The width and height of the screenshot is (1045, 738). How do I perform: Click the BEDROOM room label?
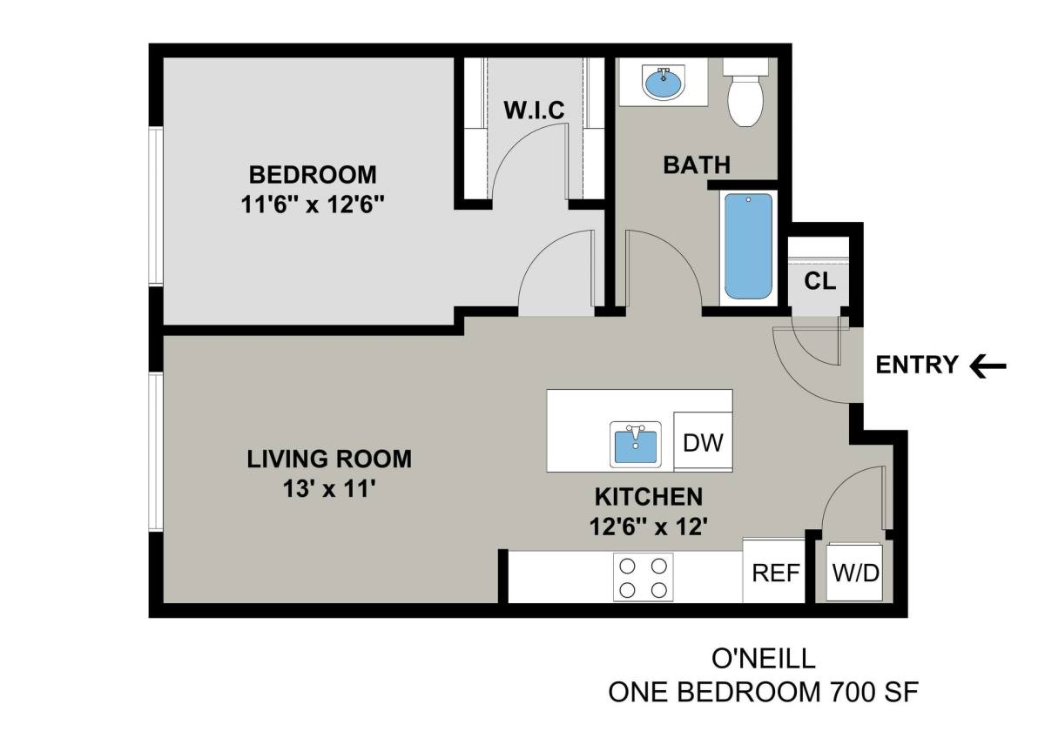tap(313, 175)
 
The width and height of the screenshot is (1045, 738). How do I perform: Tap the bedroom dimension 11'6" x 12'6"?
tap(313, 205)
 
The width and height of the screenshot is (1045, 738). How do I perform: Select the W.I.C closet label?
tap(534, 110)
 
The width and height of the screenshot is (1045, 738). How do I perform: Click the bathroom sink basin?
tap(663, 83)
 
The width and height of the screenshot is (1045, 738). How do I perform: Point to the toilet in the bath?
tap(745, 92)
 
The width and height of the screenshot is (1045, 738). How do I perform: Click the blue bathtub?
tap(748, 246)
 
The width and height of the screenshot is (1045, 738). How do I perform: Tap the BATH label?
tap(697, 165)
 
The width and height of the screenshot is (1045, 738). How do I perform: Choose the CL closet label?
tap(819, 280)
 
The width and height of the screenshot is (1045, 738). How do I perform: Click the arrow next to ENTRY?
tap(988, 366)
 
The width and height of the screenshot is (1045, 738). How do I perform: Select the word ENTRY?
tap(917, 365)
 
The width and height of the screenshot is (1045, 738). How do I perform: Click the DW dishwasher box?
tap(703, 441)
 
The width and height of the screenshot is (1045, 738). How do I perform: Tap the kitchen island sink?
tap(636, 445)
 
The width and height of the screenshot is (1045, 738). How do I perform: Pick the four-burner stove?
tap(643, 578)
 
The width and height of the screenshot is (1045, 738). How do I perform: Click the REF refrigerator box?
tap(774, 571)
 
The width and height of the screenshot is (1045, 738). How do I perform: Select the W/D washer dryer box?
tap(854, 573)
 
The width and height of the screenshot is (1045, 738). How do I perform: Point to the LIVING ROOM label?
tap(329, 460)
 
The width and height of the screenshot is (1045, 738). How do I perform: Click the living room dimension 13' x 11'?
tap(329, 489)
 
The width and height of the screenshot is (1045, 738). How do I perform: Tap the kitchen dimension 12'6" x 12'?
tap(649, 527)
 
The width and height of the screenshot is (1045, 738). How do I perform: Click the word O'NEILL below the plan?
tap(763, 659)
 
